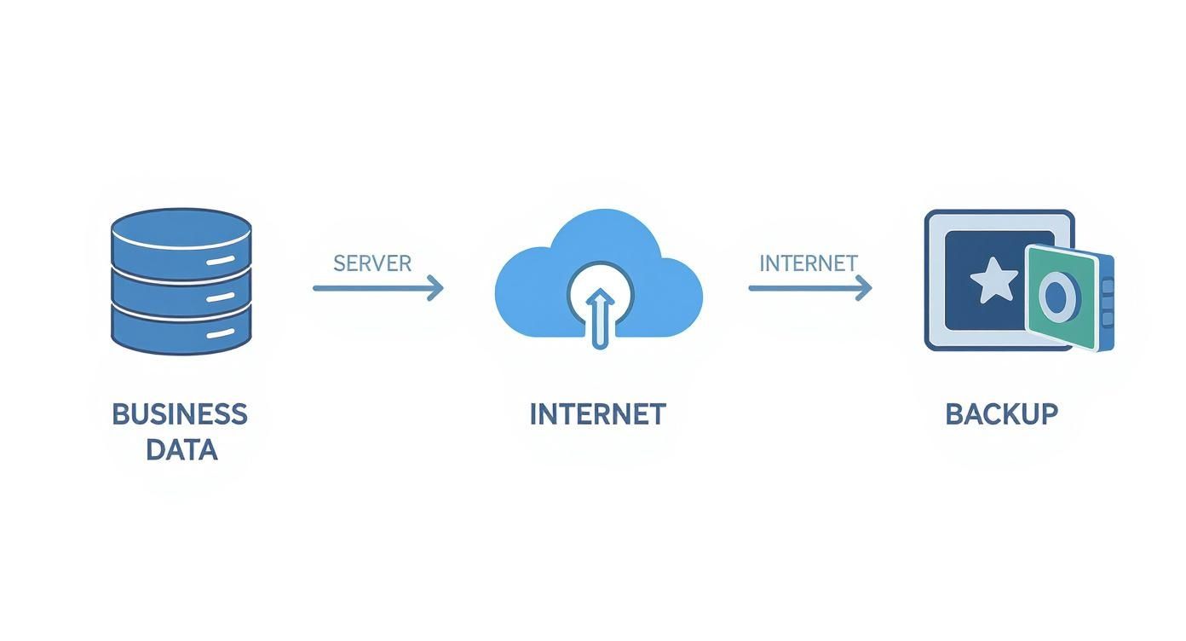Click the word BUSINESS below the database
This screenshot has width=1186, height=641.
pos(180,414)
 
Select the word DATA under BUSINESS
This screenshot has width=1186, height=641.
pos(181,449)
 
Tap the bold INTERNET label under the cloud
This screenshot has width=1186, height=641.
pos(597,414)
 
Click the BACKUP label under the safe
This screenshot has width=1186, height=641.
pos(1001,414)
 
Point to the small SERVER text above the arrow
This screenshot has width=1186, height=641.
pos(372,263)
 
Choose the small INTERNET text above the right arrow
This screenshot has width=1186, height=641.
pos(808,263)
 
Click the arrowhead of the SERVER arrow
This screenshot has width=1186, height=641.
pos(436,288)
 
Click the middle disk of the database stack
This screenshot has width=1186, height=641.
pos(181,294)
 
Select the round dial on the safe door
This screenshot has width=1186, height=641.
pos(1056,297)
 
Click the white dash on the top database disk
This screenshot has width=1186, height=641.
pos(220,259)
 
